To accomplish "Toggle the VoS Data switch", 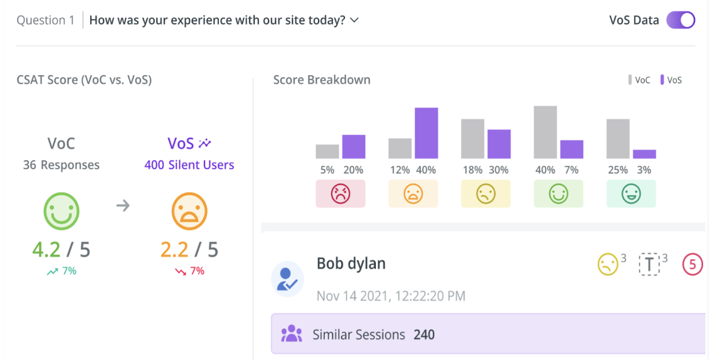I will pyautogui.click(x=681, y=20).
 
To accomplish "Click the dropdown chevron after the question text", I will pyautogui.click(x=354, y=20).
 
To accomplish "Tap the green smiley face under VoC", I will pyautogui.click(x=61, y=211).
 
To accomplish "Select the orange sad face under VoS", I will pyautogui.click(x=189, y=211).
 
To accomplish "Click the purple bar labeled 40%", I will pyautogui.click(x=427, y=133).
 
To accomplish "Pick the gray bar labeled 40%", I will pyautogui.click(x=545, y=132).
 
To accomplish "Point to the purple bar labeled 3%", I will pyautogui.click(x=644, y=154).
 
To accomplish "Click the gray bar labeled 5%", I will pyautogui.click(x=327, y=152).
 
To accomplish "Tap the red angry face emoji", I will pyautogui.click(x=340, y=194).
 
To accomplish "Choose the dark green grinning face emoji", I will pyautogui.click(x=630, y=194).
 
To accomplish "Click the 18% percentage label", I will pyautogui.click(x=473, y=170).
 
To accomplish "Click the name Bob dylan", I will pyautogui.click(x=351, y=263).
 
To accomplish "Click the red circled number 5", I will pyautogui.click(x=692, y=265).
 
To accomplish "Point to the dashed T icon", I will pyautogui.click(x=649, y=265).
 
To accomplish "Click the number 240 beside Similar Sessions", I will pyautogui.click(x=424, y=335).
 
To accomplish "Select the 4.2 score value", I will pyautogui.click(x=46, y=250).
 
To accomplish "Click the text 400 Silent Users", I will pyautogui.click(x=189, y=166).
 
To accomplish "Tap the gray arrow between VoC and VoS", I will pyautogui.click(x=123, y=205).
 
